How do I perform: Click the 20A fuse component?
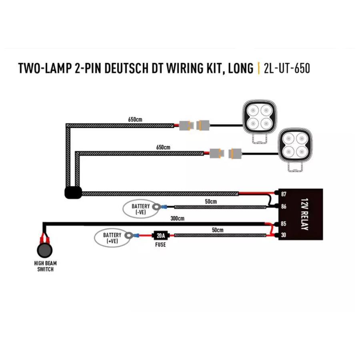click(x=160, y=236)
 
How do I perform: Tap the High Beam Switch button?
click(x=44, y=250)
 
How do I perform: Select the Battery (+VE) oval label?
click(x=112, y=238)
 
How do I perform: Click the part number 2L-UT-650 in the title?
click(x=287, y=69)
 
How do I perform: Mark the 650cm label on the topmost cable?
click(x=135, y=119)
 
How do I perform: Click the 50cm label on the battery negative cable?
click(x=211, y=202)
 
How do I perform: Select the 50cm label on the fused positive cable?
click(x=218, y=230)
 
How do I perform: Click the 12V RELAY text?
click(x=304, y=214)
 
